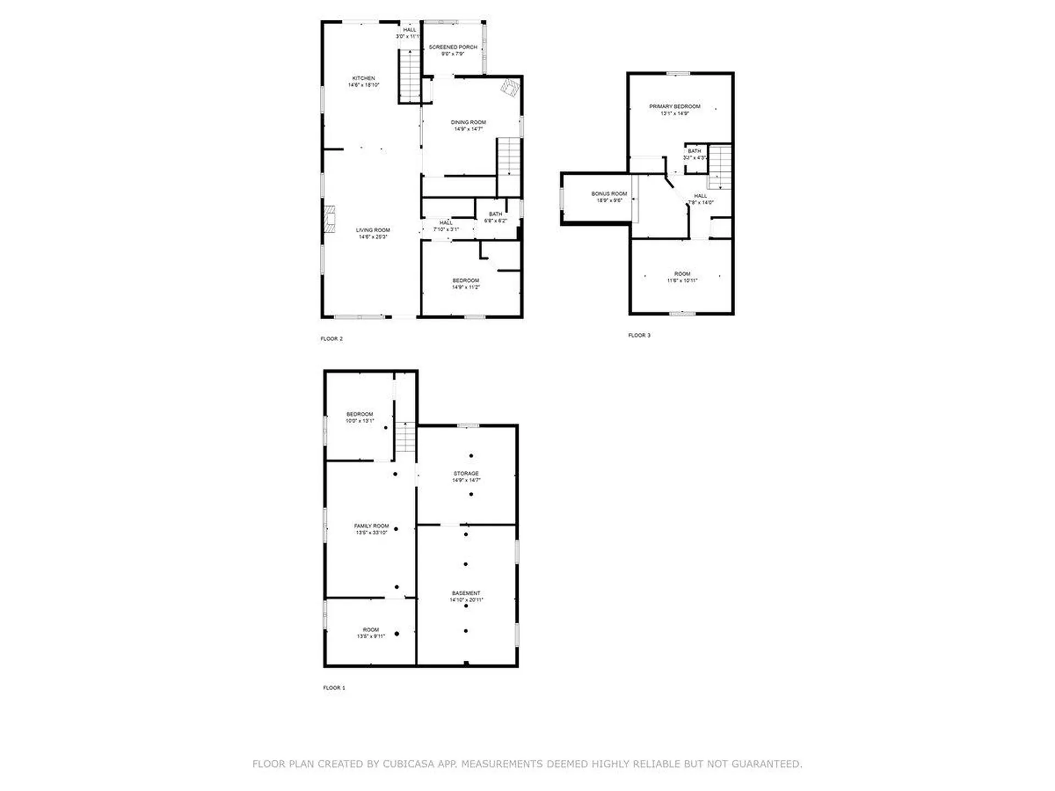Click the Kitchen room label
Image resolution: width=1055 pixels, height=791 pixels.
(363, 79)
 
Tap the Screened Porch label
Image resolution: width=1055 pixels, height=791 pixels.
(453, 47)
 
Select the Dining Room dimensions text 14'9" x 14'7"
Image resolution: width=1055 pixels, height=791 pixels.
(468, 129)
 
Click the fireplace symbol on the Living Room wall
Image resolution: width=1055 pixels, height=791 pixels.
(329, 219)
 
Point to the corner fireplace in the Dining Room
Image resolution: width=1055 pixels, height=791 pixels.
(510, 88)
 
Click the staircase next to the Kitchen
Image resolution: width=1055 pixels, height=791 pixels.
(409, 75)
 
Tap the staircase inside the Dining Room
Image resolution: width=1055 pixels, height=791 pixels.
(509, 157)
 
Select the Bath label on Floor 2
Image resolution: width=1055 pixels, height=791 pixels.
(495, 214)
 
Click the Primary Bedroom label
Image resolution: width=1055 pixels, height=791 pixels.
(674, 107)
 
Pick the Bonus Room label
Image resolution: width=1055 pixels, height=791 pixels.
(609, 194)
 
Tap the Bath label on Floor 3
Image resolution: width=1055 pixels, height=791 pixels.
(694, 151)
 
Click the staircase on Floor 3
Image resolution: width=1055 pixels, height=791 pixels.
(719, 167)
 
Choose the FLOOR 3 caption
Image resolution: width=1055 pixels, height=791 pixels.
(639, 335)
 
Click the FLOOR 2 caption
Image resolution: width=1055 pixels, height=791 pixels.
(331, 339)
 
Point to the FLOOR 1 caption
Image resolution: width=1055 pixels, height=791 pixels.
(334, 688)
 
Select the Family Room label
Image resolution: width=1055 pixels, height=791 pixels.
(371, 526)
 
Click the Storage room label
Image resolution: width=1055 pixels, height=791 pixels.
(466, 474)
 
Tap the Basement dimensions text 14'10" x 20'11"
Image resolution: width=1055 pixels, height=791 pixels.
(466, 600)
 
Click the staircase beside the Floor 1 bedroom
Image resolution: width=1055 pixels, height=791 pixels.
(406, 437)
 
